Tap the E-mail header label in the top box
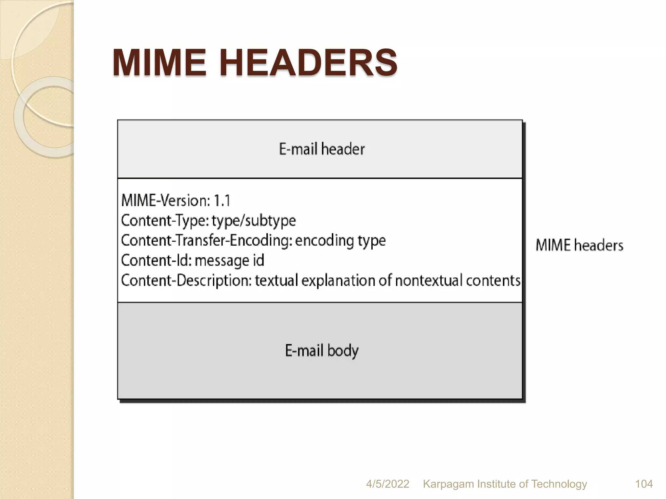click(x=322, y=149)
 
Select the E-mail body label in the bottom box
click(x=322, y=351)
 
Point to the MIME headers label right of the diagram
click(x=579, y=245)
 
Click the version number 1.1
click(x=222, y=200)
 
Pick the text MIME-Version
click(x=165, y=200)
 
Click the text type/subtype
click(x=254, y=221)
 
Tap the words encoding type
click(x=340, y=241)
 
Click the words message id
click(x=229, y=261)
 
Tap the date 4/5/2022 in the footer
click(x=387, y=484)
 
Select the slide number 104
click(x=644, y=484)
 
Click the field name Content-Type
click(x=165, y=221)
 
